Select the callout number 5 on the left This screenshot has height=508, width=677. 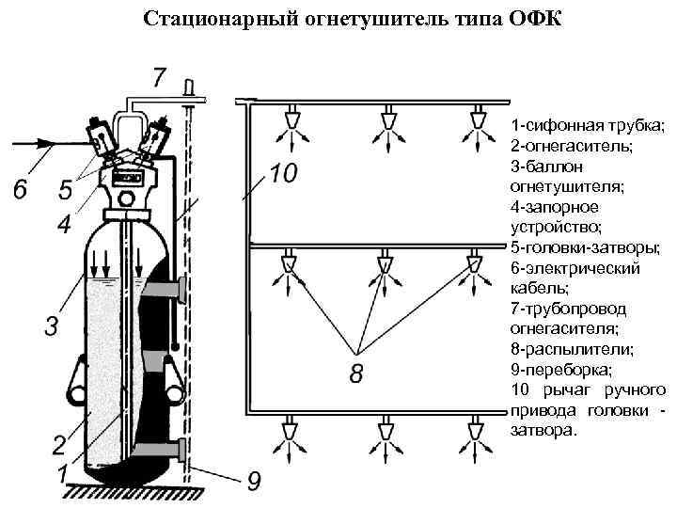pos(65,190)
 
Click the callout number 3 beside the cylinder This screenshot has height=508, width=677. pos(52,326)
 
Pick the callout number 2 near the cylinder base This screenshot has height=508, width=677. pos(58,443)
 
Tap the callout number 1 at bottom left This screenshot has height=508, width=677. pos(62,473)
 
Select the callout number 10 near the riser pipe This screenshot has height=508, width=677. pos(282,174)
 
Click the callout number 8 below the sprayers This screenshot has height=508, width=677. pos(356,374)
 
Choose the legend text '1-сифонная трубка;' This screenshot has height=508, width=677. pos(587,125)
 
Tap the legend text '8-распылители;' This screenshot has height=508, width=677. pos(571,349)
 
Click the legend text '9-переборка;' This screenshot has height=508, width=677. pos(560,370)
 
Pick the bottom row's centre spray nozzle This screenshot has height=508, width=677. pos(385,429)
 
